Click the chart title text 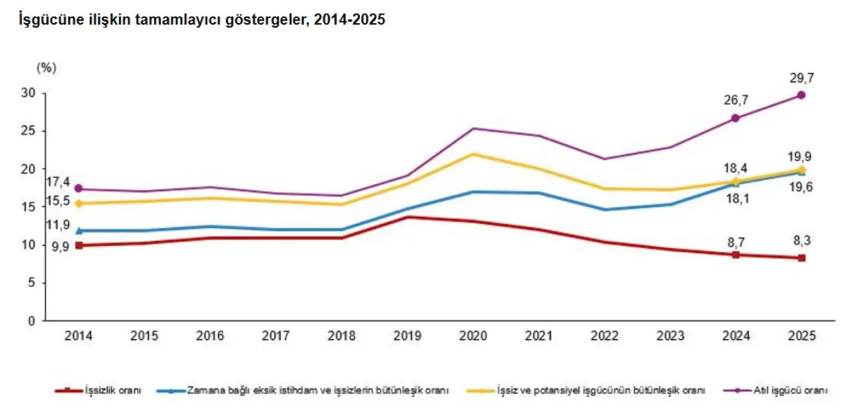[196, 20]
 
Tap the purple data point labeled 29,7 [801, 95]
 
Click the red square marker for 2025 [801, 258]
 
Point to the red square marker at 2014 [79, 245]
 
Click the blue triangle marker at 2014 [79, 231]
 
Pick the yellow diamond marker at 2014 [79, 204]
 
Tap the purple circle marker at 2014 [79, 188]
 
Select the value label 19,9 [800, 157]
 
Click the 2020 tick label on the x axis [472, 336]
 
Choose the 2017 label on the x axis [275, 336]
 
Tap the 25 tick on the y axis [27, 131]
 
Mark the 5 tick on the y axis [30, 283]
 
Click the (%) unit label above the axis [47, 67]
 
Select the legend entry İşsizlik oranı [113, 390]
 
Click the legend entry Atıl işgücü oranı [791, 390]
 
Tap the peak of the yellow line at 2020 [472, 154]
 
